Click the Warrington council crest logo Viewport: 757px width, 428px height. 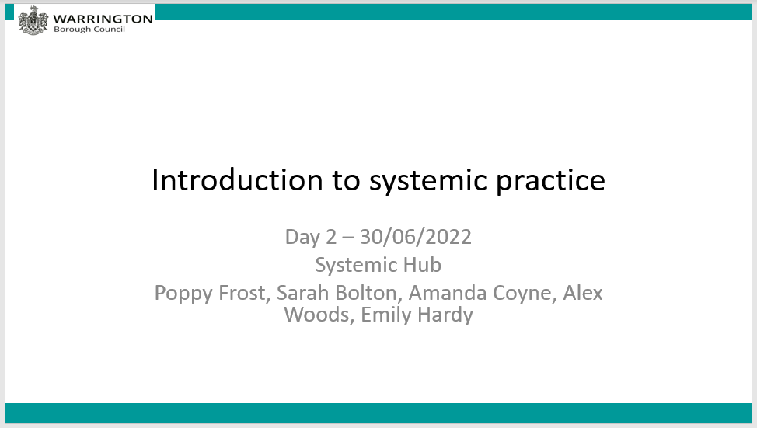point(33,20)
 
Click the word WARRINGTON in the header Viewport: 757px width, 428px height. point(103,18)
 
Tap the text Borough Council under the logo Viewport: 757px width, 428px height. point(89,30)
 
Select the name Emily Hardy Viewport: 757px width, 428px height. point(417,315)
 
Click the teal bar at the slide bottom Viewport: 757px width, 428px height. point(378,413)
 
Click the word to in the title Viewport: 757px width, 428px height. point(347,180)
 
